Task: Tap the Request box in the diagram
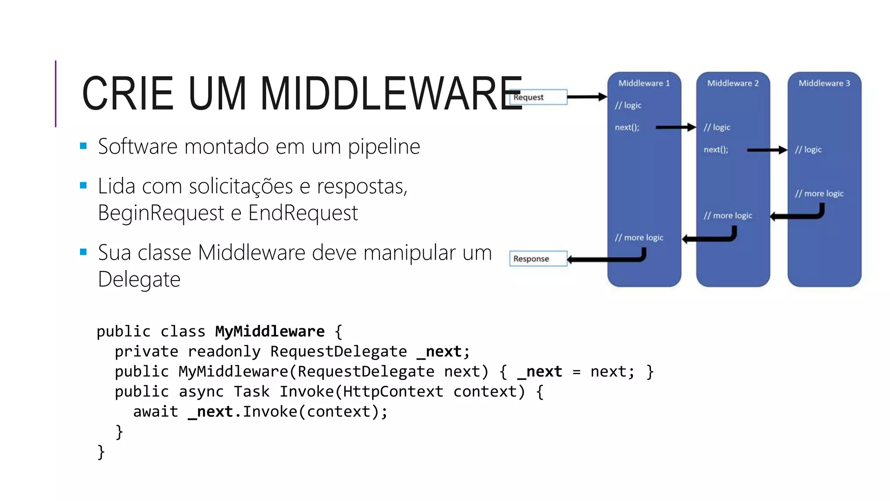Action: pos(538,97)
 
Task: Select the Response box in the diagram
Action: pos(538,259)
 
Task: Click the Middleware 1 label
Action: pos(644,83)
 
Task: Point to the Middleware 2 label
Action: pos(733,83)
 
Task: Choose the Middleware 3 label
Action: pos(824,83)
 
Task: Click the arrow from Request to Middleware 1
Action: pos(587,97)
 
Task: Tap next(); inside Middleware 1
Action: pos(627,127)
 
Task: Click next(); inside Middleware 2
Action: pos(716,150)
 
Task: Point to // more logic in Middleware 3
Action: pos(819,194)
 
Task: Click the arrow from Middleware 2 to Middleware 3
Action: pos(767,150)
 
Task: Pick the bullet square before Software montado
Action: pos(83,146)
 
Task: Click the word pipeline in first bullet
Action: pos(384,147)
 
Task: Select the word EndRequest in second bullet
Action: pos(303,213)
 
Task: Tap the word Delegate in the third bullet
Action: pos(139,279)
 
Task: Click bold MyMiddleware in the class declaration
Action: pos(269,331)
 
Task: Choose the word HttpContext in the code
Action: pos(393,391)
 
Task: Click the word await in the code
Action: pos(156,411)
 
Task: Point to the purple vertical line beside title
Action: pos(56,94)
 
